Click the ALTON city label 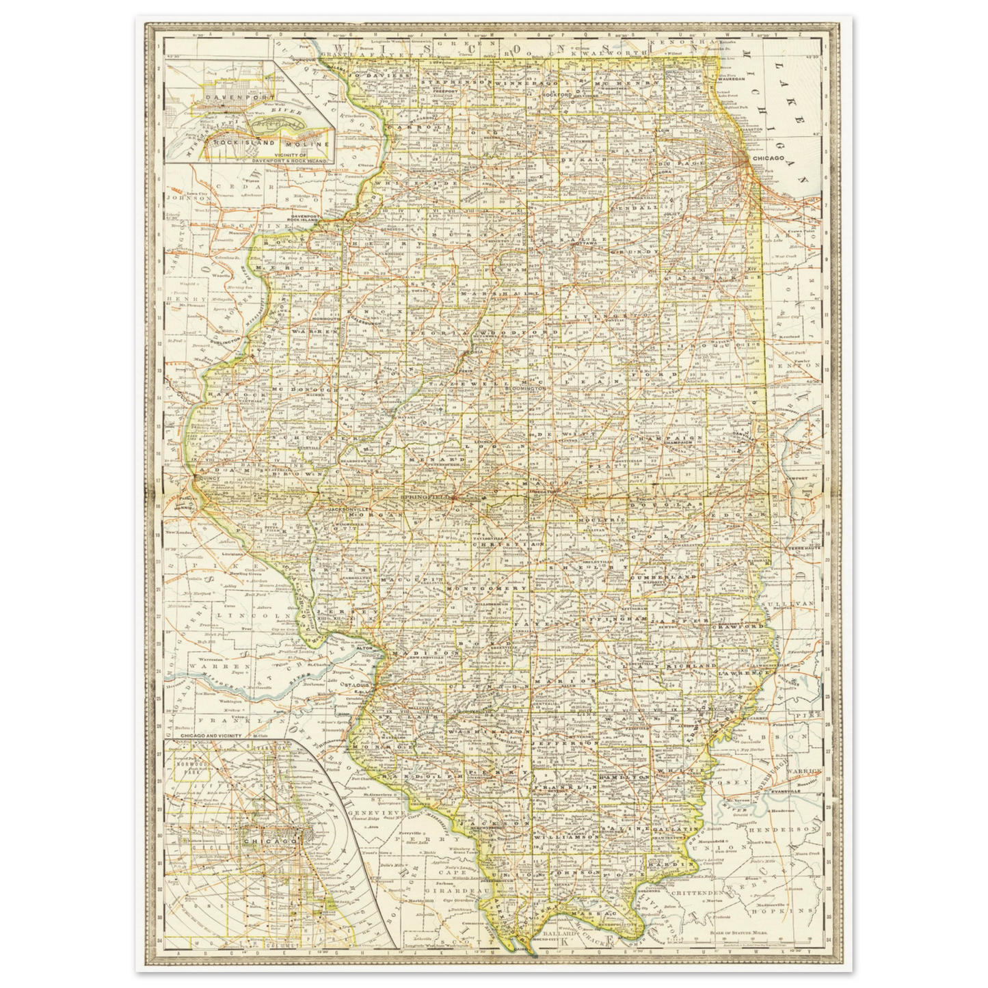pyautogui.click(x=364, y=647)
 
